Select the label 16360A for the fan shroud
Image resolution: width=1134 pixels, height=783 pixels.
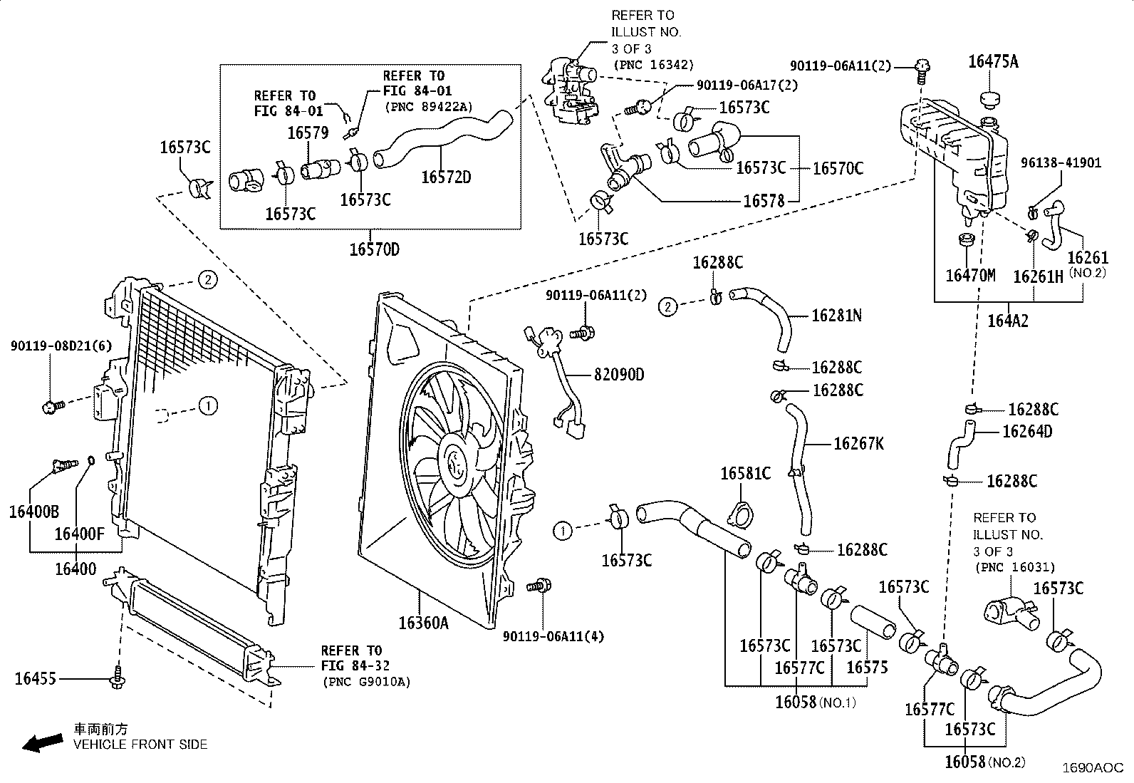(423, 623)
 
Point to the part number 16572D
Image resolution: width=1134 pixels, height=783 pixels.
(446, 177)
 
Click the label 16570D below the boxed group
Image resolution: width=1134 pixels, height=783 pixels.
(375, 249)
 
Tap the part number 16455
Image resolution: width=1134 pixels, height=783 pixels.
(35, 679)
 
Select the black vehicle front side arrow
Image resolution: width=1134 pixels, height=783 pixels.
(41, 743)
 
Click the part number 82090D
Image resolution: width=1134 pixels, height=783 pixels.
(618, 374)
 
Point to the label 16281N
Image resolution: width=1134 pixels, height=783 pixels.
(836, 316)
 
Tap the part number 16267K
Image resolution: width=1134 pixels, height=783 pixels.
(858, 444)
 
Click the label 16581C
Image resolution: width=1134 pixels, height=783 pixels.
(745, 473)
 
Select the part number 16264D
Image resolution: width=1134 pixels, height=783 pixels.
(1027, 432)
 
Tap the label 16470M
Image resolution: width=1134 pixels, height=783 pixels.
(970, 275)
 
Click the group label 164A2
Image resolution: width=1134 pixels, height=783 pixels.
(1008, 321)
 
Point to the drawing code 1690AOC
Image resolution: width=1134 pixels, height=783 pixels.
(1093, 767)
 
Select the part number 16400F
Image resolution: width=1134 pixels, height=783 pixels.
(79, 533)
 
